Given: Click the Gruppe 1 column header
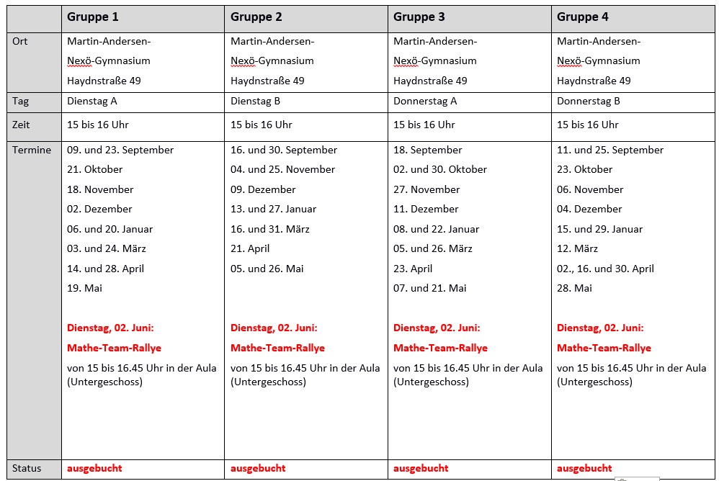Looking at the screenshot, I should coord(93,17).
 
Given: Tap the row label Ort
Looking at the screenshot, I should coord(20,41).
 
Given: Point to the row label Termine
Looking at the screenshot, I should coord(32,150).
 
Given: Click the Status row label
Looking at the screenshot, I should coord(27,468).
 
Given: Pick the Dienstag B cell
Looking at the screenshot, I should coord(256,102).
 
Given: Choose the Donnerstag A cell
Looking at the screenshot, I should coord(425,102).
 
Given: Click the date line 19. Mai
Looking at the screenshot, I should coord(85,288).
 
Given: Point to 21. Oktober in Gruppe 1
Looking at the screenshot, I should coord(95,169).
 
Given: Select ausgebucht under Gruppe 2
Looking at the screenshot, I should coord(258,468).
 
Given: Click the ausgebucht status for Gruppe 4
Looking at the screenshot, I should coord(584,468).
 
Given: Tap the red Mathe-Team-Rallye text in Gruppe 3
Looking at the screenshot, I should coord(440,348).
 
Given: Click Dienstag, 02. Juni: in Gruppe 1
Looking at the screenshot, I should coord(110,328).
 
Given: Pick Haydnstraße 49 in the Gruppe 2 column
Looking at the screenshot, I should coord(267,81).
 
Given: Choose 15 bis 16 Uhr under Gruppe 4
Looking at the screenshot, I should coord(588,125).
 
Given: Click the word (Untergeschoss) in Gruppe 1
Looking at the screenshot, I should coord(104,382).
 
